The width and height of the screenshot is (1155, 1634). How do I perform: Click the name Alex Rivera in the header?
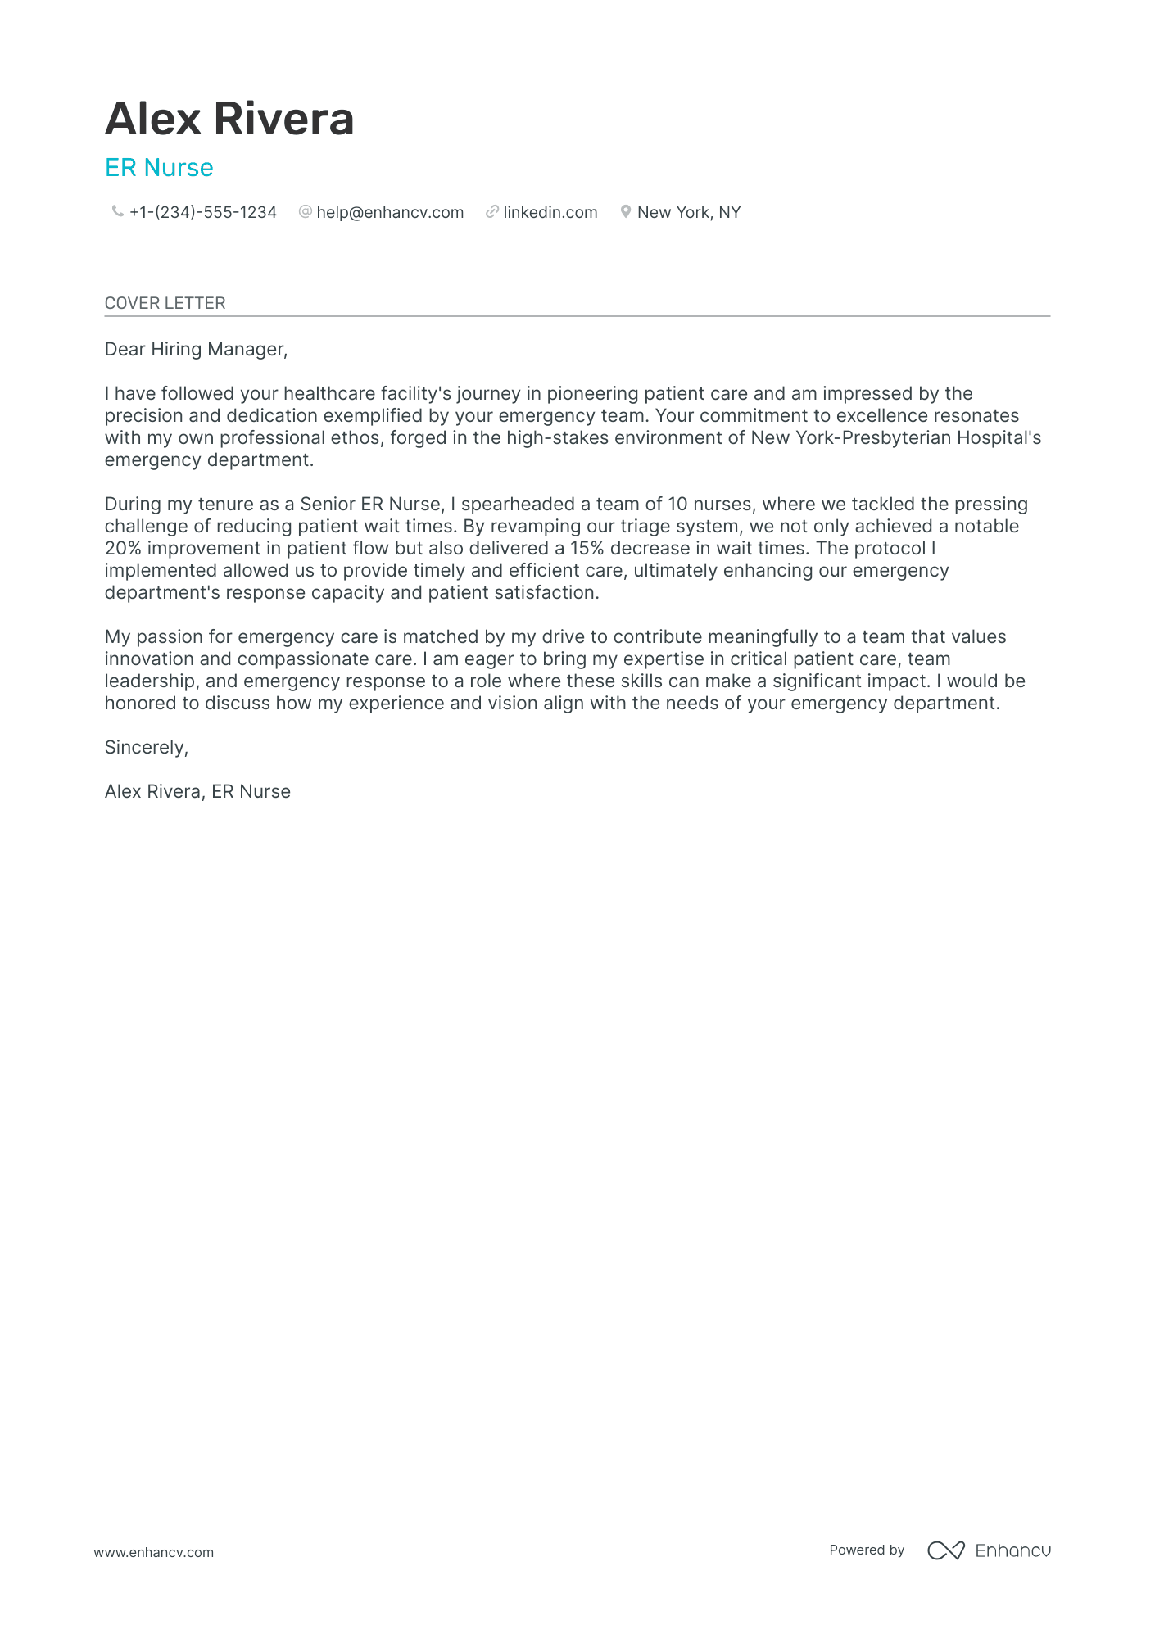pos(229,119)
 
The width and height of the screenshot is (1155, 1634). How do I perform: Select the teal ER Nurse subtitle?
pos(159,168)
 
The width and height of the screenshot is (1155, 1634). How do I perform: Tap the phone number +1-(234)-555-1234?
pos(203,212)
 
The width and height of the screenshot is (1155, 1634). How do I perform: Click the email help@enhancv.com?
pos(390,212)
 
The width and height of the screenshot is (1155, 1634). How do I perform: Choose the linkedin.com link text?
pos(550,212)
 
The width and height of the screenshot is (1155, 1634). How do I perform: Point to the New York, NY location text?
pos(689,212)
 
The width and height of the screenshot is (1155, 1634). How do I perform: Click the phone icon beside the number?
pos(117,211)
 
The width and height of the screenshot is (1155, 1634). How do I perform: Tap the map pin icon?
pos(625,211)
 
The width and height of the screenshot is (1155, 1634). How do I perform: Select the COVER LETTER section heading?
pos(165,303)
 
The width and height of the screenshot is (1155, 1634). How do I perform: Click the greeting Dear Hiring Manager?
pos(196,350)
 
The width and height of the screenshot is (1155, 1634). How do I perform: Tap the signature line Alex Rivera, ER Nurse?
pos(197,792)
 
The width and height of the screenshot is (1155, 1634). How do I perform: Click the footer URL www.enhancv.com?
pos(153,1552)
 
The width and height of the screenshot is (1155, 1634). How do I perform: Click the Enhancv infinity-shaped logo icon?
pos(945,1550)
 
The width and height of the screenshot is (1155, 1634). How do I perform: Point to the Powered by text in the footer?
pos(866,1550)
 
